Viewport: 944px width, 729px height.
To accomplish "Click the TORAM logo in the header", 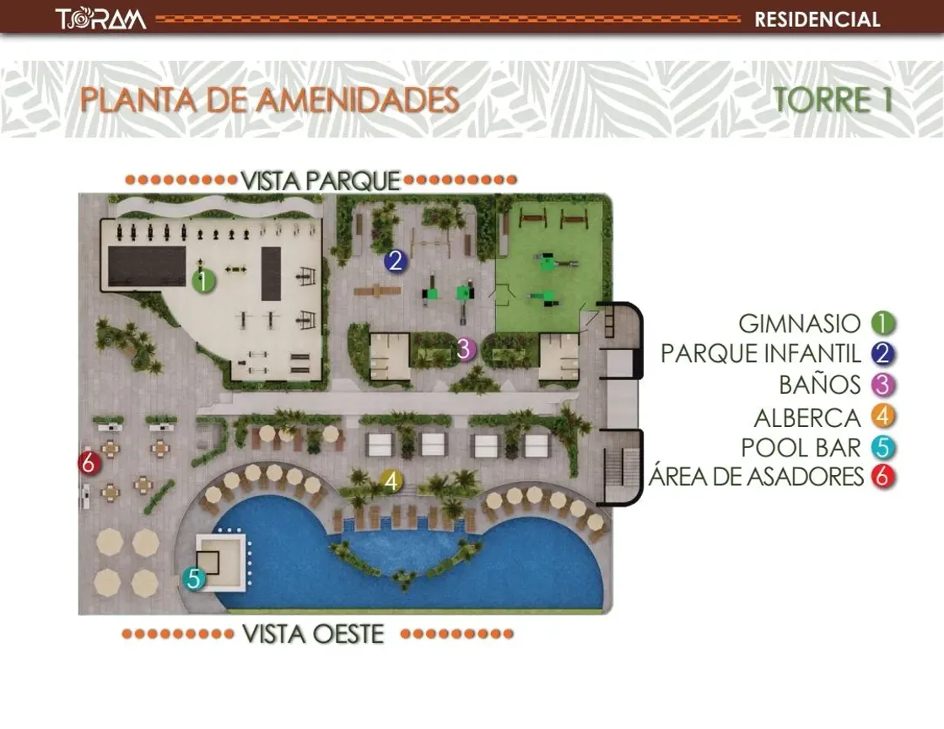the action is point(100,19).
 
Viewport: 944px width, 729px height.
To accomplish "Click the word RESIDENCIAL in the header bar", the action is point(817,19).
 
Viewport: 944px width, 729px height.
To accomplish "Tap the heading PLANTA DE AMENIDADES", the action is point(269,100).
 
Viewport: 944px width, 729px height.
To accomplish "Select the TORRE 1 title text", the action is point(833,100).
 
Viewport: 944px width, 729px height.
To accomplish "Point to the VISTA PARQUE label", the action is point(320,180).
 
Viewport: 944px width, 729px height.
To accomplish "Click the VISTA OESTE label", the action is point(313,634).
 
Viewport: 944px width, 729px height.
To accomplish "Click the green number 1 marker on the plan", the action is point(203,281).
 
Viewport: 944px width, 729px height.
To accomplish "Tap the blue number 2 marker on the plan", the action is point(395,262).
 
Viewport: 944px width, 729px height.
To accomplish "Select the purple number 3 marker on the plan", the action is point(464,348).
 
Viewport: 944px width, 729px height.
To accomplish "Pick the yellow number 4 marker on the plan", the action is point(390,481).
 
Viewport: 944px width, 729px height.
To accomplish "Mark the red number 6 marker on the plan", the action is point(89,462).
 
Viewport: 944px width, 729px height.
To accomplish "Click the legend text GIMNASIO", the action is point(799,323).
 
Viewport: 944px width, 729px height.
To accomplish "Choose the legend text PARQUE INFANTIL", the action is point(761,354).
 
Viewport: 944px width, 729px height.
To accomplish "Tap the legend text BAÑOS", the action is point(819,386).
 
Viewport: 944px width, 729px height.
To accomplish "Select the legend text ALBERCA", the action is point(806,417).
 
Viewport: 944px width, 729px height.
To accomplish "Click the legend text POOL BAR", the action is point(801,447).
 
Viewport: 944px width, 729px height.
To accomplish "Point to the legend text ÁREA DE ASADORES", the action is point(756,477).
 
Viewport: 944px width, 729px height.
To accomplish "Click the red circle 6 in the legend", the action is point(883,477).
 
